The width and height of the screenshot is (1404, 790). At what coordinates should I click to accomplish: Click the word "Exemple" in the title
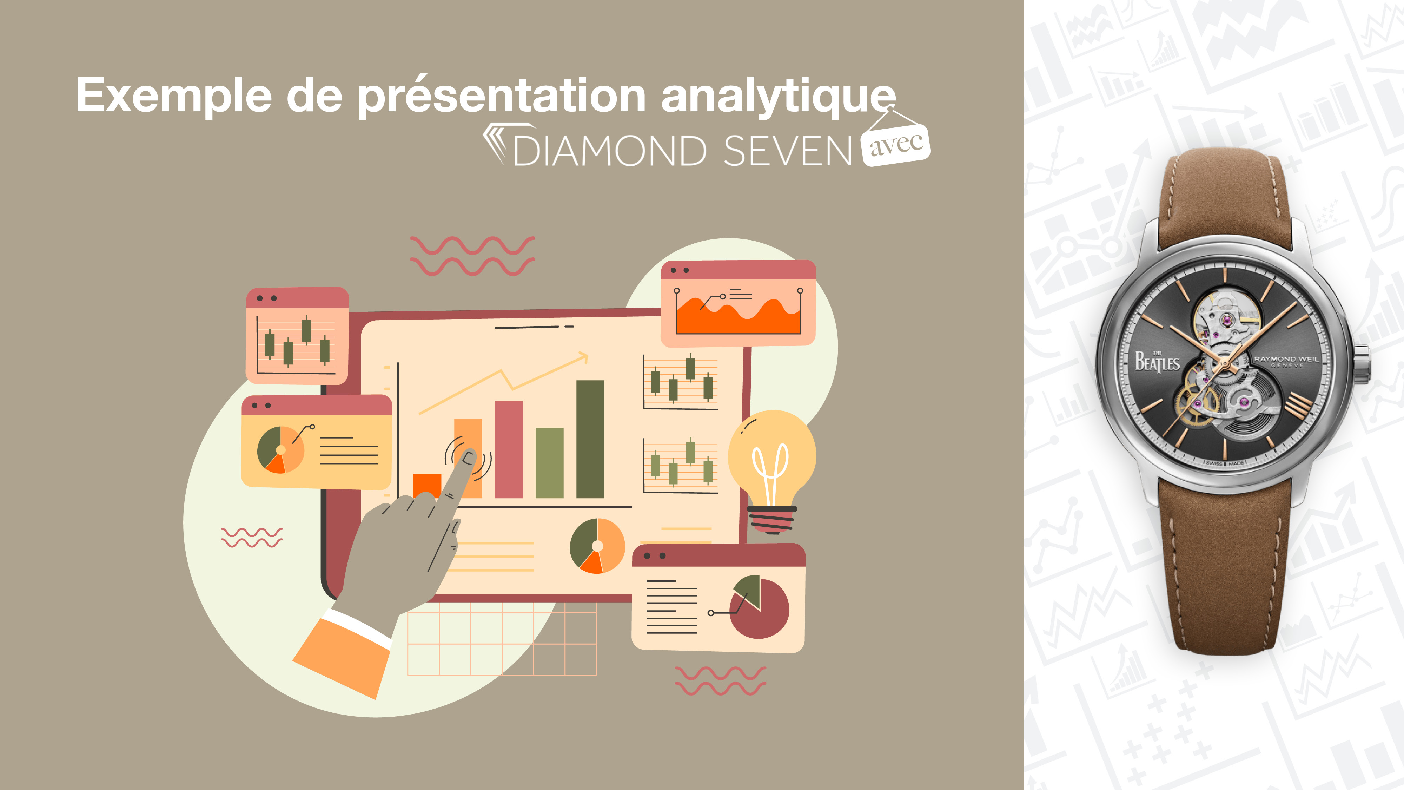pos(174,96)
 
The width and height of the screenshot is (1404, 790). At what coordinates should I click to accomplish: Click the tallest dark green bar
pos(590,439)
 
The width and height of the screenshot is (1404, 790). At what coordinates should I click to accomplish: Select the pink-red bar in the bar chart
pos(509,450)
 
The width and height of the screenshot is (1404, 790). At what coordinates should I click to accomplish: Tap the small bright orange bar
pos(427,485)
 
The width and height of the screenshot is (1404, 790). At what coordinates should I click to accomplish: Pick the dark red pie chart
pos(759,607)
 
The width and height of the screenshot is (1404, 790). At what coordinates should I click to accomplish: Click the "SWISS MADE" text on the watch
pos(1225,463)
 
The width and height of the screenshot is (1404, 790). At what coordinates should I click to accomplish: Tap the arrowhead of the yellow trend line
pos(583,357)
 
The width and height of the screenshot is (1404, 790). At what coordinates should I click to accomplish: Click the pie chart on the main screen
pos(597,546)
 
